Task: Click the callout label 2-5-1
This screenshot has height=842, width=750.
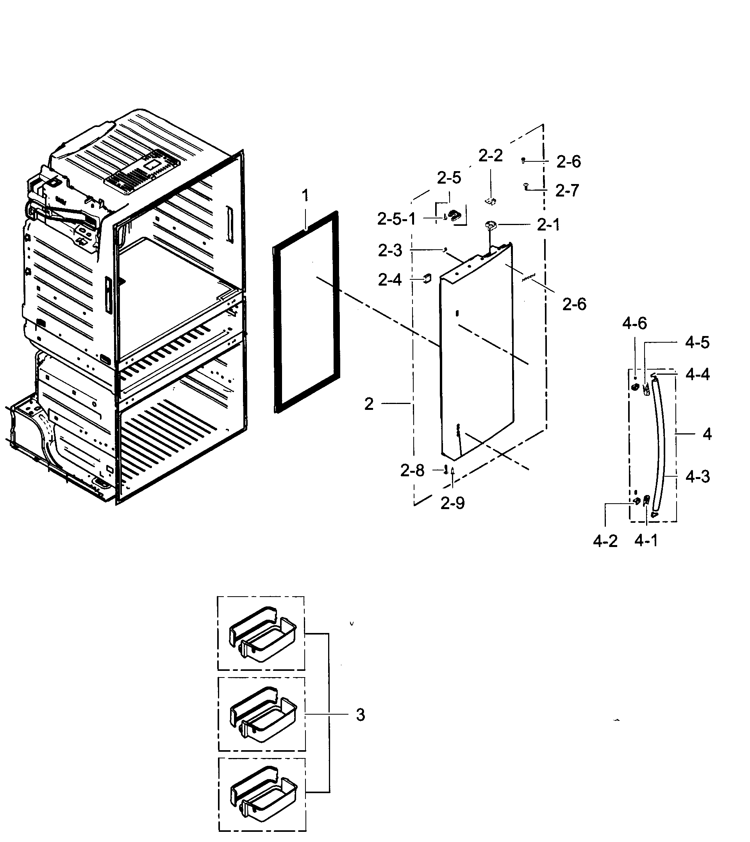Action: click(x=396, y=219)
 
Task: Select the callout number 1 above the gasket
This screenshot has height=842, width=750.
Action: click(x=305, y=195)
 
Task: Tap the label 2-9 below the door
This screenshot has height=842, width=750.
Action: click(x=452, y=503)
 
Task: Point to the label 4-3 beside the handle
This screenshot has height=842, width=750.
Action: click(x=697, y=477)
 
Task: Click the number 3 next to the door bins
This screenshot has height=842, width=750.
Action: click(x=360, y=715)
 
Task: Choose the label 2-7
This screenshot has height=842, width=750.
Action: click(x=567, y=191)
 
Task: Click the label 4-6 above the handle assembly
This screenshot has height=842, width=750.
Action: click(x=634, y=324)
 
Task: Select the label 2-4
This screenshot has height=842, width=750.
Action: click(x=389, y=280)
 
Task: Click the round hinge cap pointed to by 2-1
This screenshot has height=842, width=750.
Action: click(x=490, y=225)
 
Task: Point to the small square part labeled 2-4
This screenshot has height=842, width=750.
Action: click(x=426, y=279)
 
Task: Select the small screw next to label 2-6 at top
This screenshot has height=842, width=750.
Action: click(x=523, y=160)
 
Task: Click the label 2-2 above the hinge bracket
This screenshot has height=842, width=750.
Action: click(x=490, y=156)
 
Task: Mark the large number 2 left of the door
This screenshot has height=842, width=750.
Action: click(x=369, y=404)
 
